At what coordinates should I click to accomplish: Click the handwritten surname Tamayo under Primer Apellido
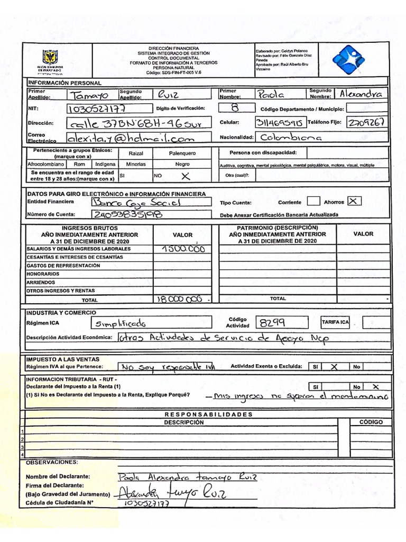point(88,95)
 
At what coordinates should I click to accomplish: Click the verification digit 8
point(235,108)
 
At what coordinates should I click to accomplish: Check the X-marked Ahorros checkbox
point(354,201)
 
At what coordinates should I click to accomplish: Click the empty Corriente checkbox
point(313,201)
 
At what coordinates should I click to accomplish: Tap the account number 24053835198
point(127,214)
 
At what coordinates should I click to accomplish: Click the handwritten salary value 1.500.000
point(183,249)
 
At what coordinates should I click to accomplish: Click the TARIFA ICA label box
point(335,322)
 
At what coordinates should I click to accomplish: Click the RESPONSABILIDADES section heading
point(209,414)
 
